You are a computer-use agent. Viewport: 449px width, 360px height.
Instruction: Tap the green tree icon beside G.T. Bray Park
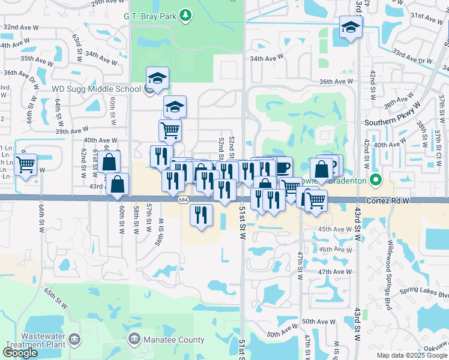(186, 14)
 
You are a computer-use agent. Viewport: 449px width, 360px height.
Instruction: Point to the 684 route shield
(182, 200)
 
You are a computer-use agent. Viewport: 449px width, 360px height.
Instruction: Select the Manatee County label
(174, 340)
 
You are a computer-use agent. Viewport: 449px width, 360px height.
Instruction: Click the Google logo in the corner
(20, 353)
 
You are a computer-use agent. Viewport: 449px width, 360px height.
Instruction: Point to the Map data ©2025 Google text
(411, 355)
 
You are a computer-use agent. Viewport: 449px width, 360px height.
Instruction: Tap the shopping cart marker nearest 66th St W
(25, 163)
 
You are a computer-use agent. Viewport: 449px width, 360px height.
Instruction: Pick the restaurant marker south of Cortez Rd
(201, 214)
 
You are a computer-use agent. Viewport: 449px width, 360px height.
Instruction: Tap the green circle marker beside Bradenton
(376, 179)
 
